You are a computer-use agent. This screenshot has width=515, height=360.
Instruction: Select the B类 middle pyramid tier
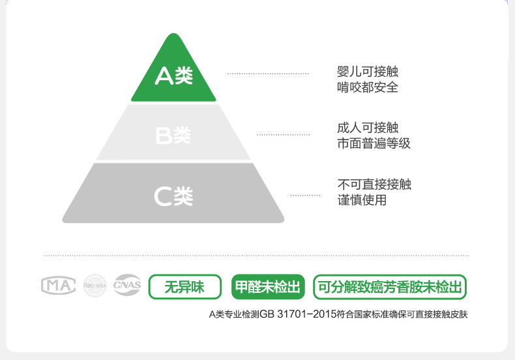click(173, 135)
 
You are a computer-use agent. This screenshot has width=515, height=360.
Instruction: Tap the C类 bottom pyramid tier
click(173, 195)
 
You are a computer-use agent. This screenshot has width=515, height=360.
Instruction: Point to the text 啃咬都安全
click(367, 87)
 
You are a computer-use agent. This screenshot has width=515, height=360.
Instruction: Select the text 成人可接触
click(367, 128)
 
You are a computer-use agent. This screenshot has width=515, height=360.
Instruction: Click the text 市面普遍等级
click(374, 143)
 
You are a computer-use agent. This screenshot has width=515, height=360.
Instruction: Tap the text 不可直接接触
click(374, 185)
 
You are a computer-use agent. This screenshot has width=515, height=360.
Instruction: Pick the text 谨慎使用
click(362, 200)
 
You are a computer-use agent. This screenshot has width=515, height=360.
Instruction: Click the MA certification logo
click(59, 286)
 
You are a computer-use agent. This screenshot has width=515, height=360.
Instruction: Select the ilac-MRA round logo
click(95, 286)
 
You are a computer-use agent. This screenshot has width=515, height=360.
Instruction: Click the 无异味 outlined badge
click(184, 286)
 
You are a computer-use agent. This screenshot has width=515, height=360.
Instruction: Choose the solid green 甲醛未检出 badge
click(269, 286)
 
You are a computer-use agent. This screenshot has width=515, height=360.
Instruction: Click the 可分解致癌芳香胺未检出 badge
click(390, 286)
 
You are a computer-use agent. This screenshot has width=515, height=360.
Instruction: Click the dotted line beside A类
click(267, 74)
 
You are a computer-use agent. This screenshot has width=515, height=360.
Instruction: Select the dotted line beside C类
click(305, 195)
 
